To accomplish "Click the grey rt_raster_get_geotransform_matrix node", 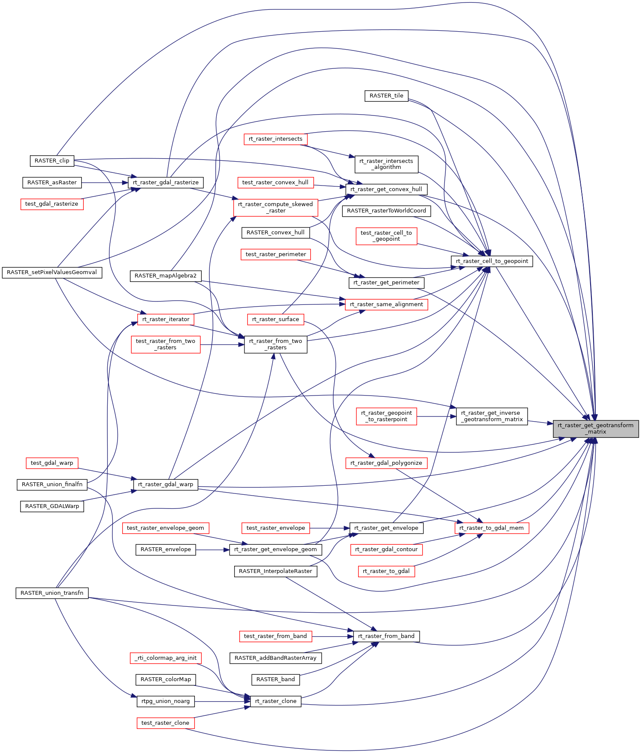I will coord(595,428).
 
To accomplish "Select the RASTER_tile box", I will coord(386,96).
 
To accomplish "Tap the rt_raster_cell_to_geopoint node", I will coord(492,261).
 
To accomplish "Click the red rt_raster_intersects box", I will coord(275,139).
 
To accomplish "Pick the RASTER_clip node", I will coord(52,161).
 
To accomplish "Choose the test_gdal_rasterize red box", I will coord(52,204).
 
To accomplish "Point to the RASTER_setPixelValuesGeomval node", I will coord(52,272).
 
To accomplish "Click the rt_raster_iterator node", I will coord(166,319).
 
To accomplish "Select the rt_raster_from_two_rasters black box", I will coord(275,344).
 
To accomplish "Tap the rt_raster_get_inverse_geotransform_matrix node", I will coord(492,416).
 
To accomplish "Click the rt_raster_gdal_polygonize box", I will coord(386,463).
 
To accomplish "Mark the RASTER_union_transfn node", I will coord(52,593).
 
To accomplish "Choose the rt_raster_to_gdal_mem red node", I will coord(491,528).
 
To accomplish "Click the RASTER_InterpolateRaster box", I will coord(275,571).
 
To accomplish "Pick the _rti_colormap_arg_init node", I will coord(165,658).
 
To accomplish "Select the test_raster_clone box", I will coord(165,723).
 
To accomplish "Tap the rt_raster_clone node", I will coord(275,701).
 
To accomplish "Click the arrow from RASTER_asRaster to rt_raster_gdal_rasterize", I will coord(105,183).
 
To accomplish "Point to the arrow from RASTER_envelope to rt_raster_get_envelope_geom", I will coord(212,549).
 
